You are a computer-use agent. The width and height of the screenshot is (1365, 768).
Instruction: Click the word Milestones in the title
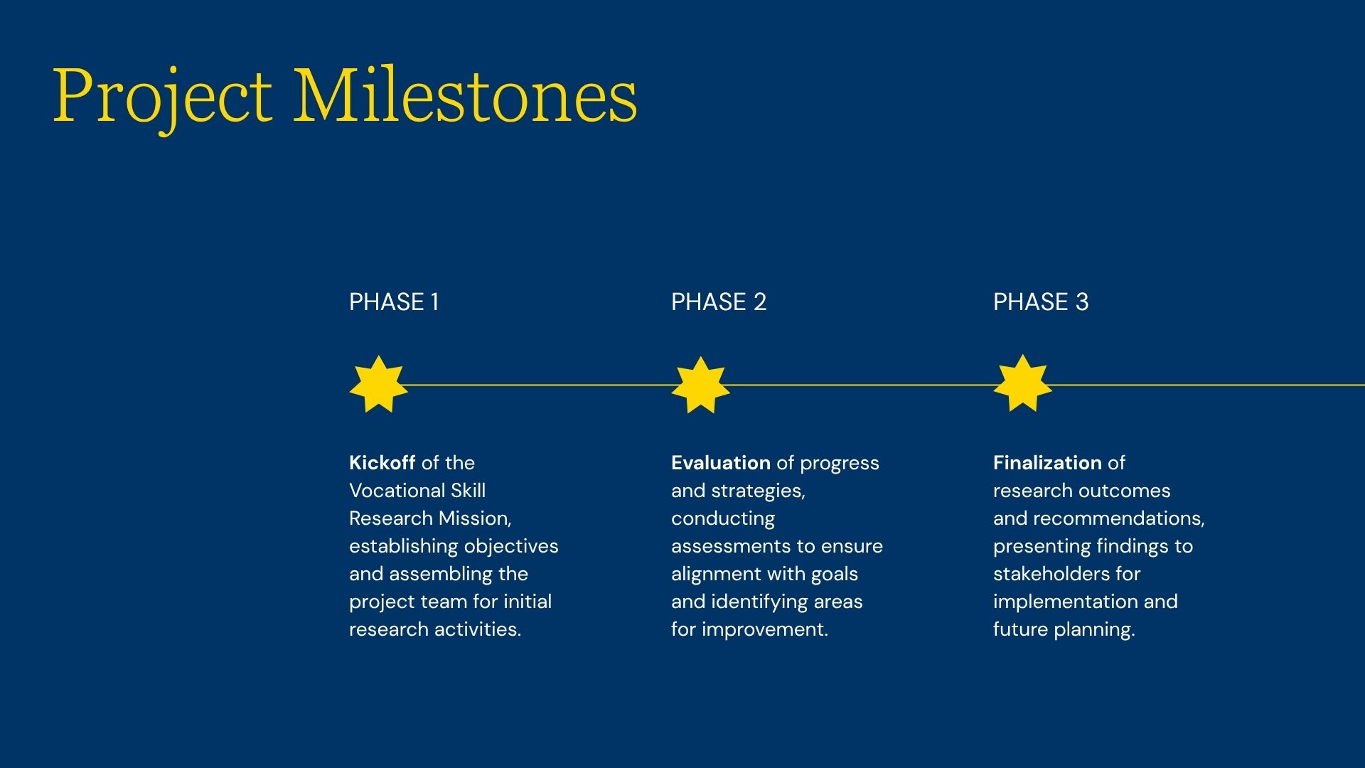click(466, 95)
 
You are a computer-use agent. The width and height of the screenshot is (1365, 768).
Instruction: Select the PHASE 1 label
click(394, 302)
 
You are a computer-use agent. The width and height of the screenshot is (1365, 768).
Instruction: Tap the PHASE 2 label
click(719, 302)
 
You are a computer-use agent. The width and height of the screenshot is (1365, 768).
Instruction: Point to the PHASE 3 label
click(1041, 302)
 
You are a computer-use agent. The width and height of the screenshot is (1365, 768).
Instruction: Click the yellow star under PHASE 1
click(378, 384)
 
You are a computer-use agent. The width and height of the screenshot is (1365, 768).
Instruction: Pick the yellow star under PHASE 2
click(700, 385)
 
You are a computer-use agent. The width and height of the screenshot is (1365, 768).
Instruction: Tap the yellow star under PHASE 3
click(1022, 383)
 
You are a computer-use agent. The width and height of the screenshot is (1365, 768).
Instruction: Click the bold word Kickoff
click(382, 463)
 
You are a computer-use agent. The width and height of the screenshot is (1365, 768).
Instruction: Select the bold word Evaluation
click(721, 463)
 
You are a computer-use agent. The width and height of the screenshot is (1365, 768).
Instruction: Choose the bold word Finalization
click(1047, 463)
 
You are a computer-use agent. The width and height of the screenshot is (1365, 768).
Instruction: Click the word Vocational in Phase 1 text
click(387, 491)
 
